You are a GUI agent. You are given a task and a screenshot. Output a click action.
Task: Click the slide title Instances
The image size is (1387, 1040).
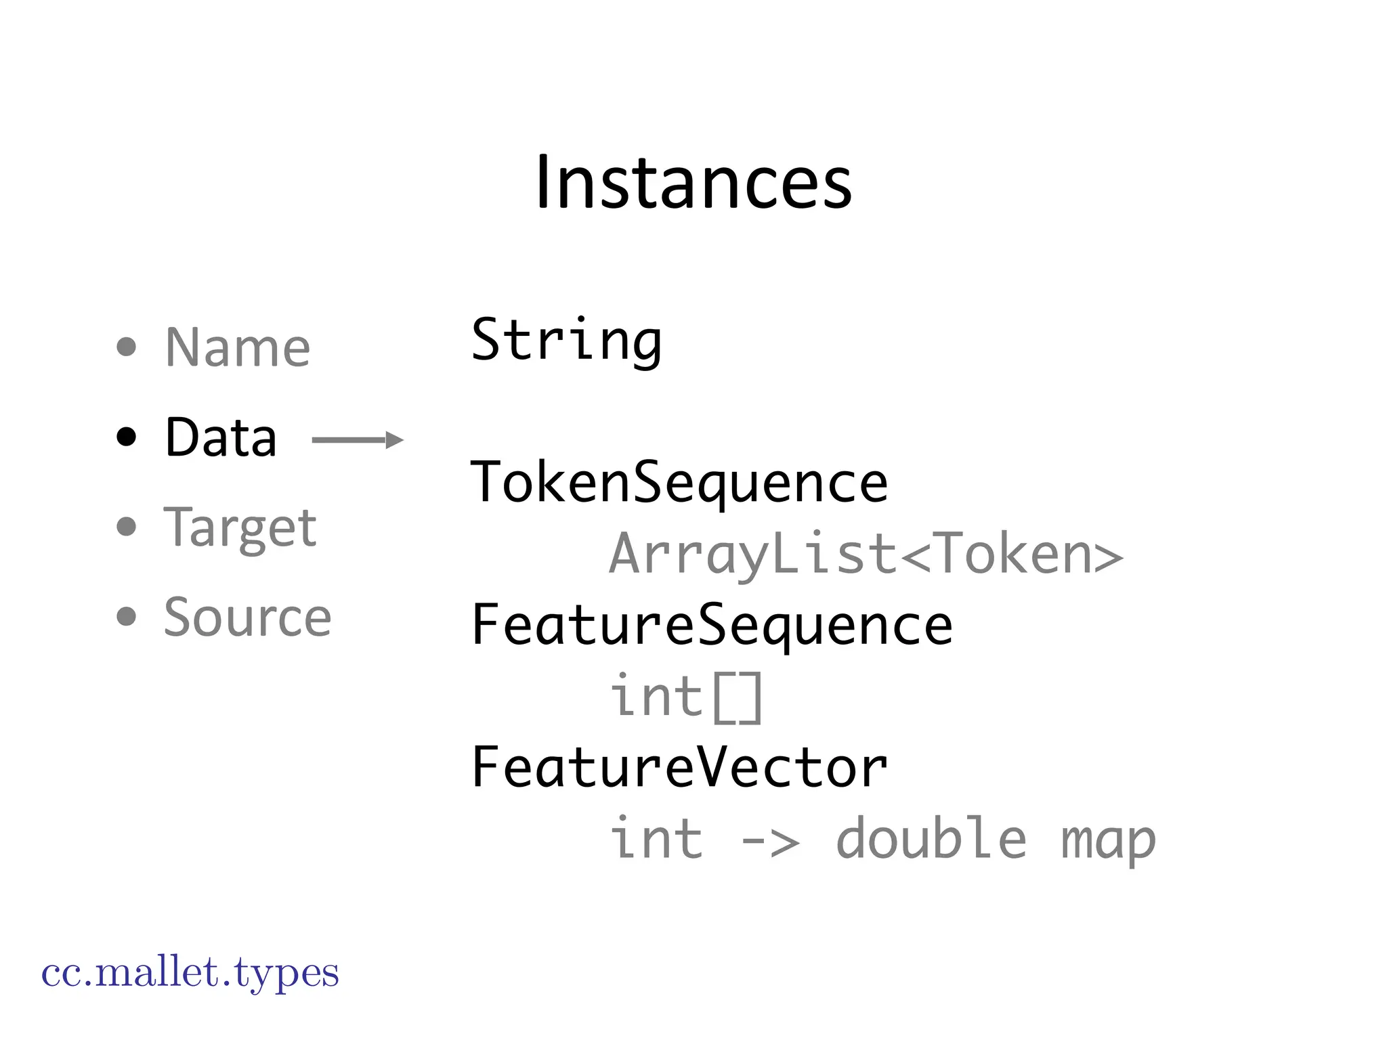(693, 183)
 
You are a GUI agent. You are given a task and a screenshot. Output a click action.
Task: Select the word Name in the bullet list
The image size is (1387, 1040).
(238, 348)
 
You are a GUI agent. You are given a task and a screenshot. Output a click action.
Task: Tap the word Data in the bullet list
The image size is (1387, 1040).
(221, 437)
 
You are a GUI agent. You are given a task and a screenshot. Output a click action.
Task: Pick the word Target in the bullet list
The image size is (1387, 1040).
(240, 527)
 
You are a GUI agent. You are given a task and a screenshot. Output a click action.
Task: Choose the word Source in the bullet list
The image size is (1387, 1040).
(247, 617)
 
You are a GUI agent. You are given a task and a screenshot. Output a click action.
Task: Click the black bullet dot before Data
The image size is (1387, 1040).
(127, 437)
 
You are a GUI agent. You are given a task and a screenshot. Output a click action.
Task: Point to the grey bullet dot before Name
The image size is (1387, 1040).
(127, 347)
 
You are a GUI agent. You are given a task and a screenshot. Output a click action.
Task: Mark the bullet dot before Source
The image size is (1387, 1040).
(127, 617)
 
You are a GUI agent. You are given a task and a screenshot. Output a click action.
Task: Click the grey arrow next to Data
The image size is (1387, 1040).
(357, 440)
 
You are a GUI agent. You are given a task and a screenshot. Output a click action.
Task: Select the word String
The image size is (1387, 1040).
(566, 341)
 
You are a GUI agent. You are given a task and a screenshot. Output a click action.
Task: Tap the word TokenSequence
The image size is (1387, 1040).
(679, 483)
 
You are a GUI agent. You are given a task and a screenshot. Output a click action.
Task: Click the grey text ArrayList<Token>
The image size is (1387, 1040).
(866, 555)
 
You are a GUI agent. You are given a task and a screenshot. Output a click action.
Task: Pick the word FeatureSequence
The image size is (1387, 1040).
(712, 626)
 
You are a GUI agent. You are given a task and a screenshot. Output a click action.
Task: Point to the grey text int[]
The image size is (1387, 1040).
(686, 697)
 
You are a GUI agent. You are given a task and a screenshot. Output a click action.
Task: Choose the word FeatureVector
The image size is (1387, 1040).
(679, 768)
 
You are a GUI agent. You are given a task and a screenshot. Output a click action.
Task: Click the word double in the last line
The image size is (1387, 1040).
(931, 839)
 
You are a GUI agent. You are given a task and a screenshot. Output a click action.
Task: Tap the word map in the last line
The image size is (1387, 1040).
(1107, 840)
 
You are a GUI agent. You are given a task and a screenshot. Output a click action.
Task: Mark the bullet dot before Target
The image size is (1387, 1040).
(127, 527)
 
